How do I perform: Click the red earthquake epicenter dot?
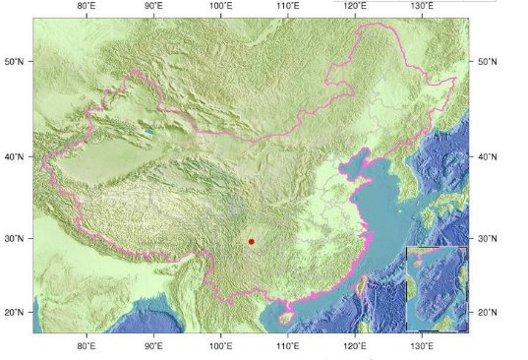252,241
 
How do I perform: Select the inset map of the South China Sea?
437,288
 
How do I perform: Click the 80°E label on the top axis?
86,7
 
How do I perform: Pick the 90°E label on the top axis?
153,7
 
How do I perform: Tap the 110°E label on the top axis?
288,7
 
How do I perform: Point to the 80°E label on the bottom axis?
86,346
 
